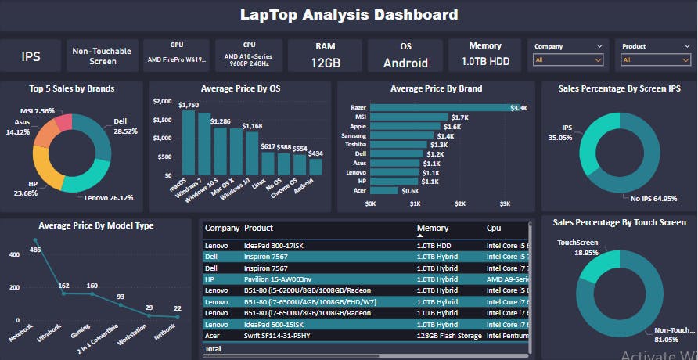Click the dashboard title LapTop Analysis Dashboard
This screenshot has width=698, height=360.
(349, 15)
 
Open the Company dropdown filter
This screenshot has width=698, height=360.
(569, 60)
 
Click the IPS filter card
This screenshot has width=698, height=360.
(31, 56)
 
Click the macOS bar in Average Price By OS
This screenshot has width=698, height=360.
(189, 142)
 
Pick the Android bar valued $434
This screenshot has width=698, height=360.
(315, 165)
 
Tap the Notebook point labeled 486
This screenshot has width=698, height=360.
(35, 239)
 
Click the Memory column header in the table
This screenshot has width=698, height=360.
(433, 229)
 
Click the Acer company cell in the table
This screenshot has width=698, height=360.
(213, 336)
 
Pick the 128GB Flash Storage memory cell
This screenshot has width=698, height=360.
(448, 336)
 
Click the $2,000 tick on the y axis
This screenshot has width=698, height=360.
(162, 102)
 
